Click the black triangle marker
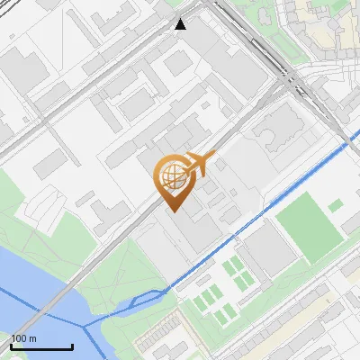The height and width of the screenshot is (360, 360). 181,23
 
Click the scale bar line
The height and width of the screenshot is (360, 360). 41,346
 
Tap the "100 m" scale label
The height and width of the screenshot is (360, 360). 23,338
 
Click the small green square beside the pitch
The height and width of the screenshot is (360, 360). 336,206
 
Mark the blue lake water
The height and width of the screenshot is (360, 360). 27,288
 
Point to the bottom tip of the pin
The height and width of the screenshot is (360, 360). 173,211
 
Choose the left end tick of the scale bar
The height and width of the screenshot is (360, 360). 11,346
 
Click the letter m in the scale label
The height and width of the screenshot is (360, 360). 31,338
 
